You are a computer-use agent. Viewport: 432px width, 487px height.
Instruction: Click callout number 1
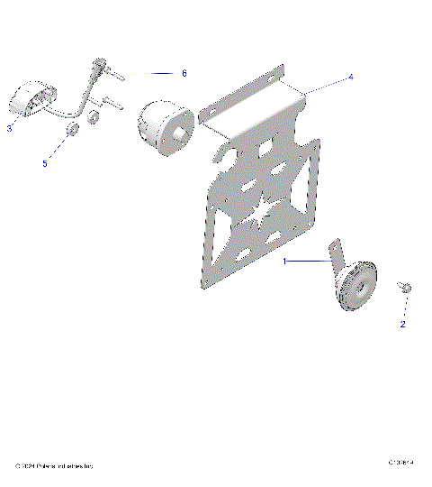(x=284, y=261)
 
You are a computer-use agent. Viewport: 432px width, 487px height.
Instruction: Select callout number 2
(x=403, y=324)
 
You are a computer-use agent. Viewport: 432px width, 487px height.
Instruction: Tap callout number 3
(x=9, y=128)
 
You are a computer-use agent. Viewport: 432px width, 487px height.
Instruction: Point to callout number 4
(x=351, y=77)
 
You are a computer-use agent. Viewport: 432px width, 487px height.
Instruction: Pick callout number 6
(x=184, y=72)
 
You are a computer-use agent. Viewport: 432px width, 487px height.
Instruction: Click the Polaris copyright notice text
(x=54, y=465)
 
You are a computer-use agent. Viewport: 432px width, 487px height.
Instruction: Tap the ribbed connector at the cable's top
(x=99, y=66)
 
